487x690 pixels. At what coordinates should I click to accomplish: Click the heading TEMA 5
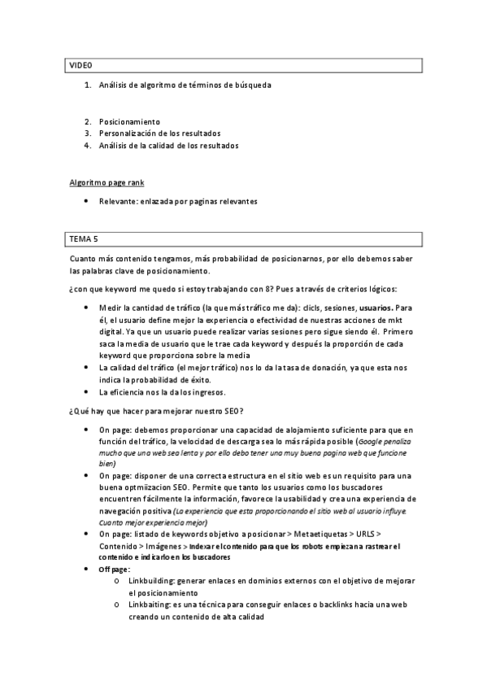pyautogui.click(x=83, y=238)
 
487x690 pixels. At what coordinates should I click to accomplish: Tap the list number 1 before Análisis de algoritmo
pyautogui.click(x=87, y=85)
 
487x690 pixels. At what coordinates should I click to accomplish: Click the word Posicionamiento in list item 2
pyautogui.click(x=129, y=120)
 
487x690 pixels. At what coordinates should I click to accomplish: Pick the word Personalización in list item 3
pyautogui.click(x=129, y=133)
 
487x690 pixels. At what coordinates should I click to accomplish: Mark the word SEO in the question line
pyautogui.click(x=227, y=409)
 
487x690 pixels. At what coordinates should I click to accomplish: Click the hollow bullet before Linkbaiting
pyautogui.click(x=119, y=606)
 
